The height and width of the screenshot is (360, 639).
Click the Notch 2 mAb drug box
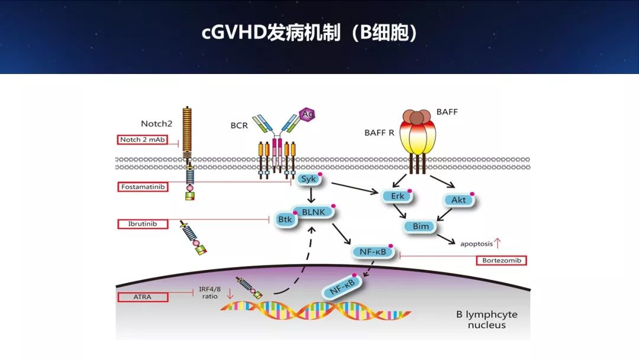coord(142,140)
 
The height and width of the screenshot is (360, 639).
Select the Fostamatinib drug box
coord(142,187)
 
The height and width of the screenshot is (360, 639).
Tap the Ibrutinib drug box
coord(142,224)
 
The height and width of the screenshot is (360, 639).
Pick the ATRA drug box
coord(142,297)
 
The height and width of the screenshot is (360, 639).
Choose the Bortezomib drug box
coord(501,260)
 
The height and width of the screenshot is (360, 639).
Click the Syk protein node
coord(308,179)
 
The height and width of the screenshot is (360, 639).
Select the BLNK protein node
coord(314,212)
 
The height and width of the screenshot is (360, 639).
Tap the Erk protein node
coord(396,196)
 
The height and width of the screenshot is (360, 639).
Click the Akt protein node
coord(459,200)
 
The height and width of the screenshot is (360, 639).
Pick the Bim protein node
coord(420,226)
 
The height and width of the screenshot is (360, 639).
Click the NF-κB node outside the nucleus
coord(373,252)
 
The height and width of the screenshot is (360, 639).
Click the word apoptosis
coord(476,243)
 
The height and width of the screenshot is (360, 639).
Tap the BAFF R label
coord(379,133)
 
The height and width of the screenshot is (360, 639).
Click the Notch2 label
coord(156,123)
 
